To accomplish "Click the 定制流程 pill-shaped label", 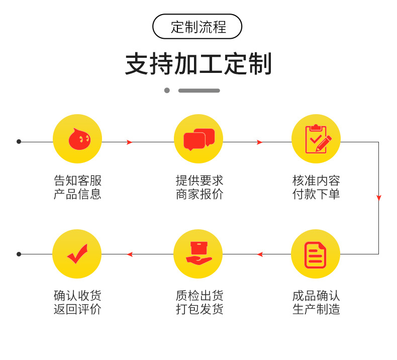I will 197,27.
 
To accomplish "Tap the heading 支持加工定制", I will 198,64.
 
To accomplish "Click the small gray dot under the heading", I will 167,91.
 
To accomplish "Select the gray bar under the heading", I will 199,91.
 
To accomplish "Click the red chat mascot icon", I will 77,139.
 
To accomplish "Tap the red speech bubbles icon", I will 198,139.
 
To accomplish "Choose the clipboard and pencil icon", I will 316,139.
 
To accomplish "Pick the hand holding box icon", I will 198,254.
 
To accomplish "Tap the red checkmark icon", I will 77,254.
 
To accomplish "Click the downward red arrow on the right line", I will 378,198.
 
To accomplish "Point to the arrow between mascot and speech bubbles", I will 130,142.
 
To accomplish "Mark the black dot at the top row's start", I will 19,142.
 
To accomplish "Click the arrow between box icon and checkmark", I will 130,254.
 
